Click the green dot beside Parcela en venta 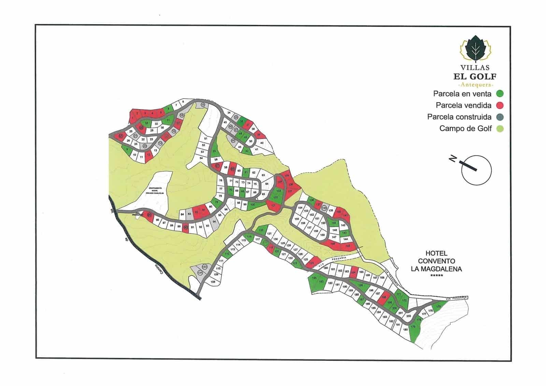pos(500,94)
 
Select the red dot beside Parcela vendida pos(500,105)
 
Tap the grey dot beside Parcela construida pos(500,117)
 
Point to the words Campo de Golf pos(465,129)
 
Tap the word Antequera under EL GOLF pos(476,85)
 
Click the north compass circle pos(476,170)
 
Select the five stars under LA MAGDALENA pos(436,275)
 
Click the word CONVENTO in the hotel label pos(436,261)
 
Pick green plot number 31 pos(168,120)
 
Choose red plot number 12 pos(148,155)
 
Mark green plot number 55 pos(214,151)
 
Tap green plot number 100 pos(252,205)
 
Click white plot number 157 pos(309,227)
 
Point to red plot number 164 pos(354,272)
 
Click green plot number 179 pos(413,327)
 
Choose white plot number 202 pos(408,316)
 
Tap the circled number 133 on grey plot pos(205,267)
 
